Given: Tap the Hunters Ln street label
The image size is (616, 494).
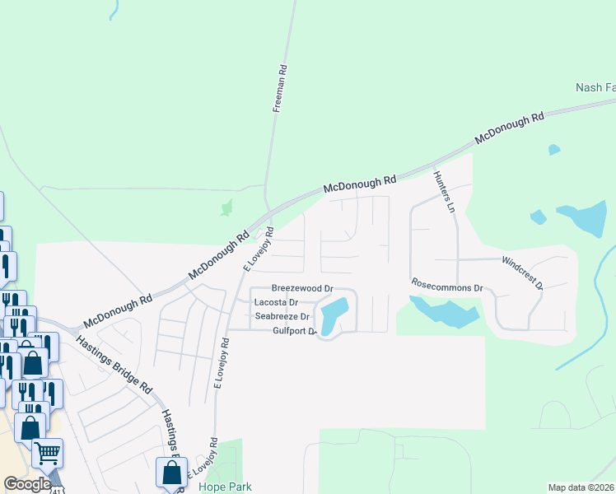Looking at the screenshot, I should point(443,191).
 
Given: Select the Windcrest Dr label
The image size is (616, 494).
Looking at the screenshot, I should point(522,273).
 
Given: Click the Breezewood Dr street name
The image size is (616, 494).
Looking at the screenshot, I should point(302,289).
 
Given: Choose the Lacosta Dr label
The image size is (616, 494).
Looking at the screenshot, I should point(276,303).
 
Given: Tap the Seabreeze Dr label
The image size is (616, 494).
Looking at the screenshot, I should point(282,316).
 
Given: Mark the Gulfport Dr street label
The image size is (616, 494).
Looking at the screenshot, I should point(287,331).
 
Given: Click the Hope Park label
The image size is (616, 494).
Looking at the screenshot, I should point(225,487).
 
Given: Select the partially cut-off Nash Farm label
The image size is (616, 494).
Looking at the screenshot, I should point(595,87).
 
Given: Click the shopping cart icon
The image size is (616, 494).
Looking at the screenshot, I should point(48,452).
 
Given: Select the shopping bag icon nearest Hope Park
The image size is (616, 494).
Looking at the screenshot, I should point(171,473).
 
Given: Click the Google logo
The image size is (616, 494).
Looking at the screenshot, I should point(27,484).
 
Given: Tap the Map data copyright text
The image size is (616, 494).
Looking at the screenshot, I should point(581,487).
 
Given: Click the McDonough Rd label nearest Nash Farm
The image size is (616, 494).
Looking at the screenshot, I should point(510,129).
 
